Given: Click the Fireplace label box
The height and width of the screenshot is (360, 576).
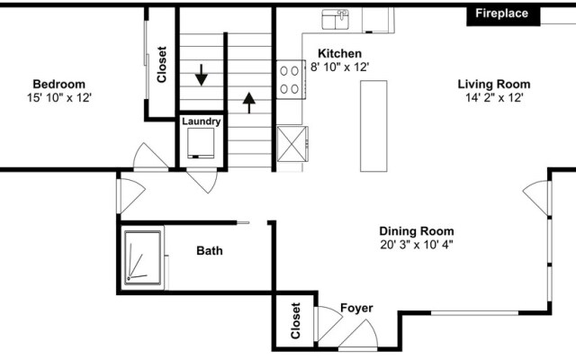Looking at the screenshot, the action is pos(503,16).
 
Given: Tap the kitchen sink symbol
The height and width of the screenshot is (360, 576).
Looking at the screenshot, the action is pos(336,20).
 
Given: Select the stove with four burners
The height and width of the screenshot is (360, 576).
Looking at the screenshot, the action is pos(291,80).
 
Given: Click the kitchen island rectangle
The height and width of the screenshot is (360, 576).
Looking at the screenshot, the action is pos(373,126).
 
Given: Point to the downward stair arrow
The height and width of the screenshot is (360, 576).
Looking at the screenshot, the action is pos(202,75).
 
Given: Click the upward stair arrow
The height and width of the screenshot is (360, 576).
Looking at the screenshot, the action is pos(249,103).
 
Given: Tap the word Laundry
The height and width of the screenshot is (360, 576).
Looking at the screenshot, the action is pos(202,121).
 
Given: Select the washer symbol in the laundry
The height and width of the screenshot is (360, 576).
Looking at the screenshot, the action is pos(201,143).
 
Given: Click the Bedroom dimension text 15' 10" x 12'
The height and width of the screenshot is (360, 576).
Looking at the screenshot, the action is pos(59,98).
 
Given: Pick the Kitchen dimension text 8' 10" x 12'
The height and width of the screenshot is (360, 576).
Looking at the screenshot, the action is pos(340,67).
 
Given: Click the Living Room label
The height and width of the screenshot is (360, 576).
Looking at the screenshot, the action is pos(494,84).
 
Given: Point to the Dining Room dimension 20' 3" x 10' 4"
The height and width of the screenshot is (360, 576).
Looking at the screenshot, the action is pos(417,245).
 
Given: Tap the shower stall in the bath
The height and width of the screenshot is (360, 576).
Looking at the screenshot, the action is pos(142,257).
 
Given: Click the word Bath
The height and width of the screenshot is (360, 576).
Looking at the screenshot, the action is pos(210,251).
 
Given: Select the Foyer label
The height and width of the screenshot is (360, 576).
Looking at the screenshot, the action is pos(356,308).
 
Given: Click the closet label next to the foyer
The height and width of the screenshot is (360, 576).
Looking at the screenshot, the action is pos(296,320).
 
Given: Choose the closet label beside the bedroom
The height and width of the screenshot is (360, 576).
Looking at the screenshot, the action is pos(162,64).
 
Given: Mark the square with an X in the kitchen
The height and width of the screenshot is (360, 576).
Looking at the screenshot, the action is pos(292,144).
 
